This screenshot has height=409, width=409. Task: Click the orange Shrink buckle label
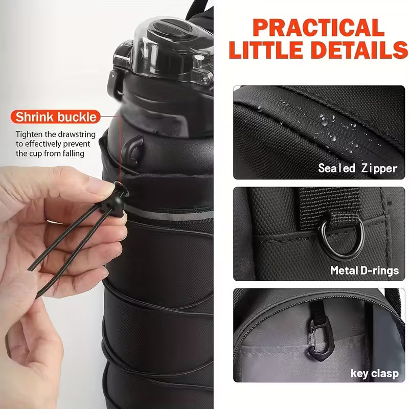pyautogui.click(x=56, y=117)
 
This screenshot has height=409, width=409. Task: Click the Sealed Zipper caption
pyautogui.click(x=358, y=168)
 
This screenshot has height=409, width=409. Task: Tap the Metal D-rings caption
pyautogui.click(x=364, y=270)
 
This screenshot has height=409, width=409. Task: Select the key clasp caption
pyautogui.click(x=374, y=373)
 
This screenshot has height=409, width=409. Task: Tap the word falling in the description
pyautogui.click(x=71, y=153)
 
